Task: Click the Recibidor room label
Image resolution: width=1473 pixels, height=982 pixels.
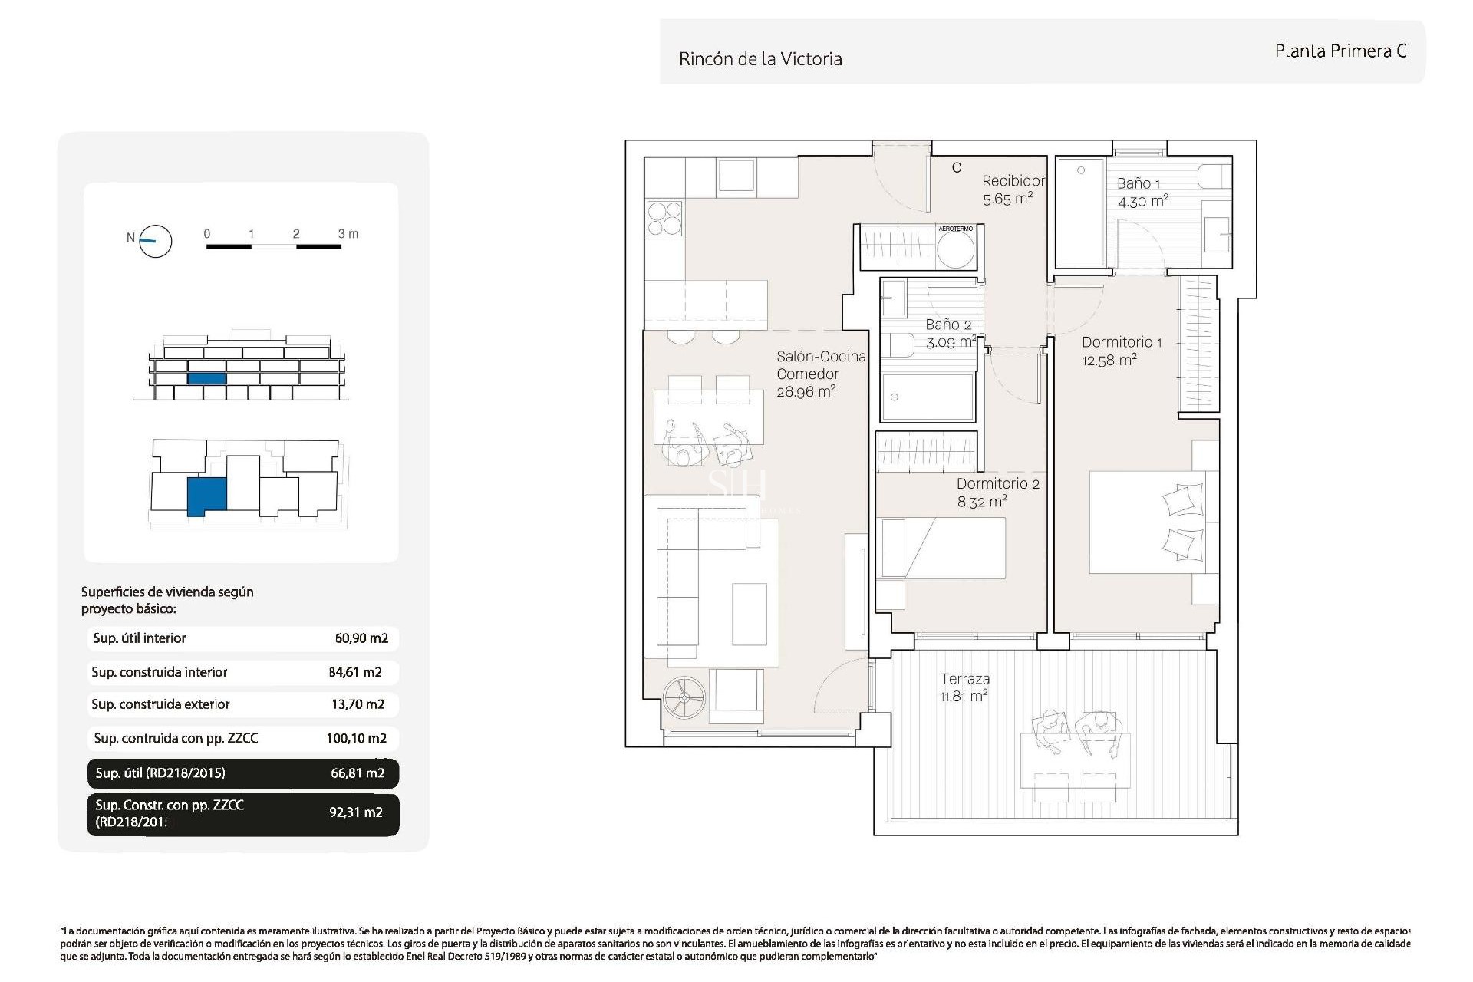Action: [1013, 181]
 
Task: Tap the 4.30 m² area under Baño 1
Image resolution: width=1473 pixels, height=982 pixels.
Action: [1142, 202]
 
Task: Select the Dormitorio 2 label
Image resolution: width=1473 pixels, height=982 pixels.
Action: [997, 484]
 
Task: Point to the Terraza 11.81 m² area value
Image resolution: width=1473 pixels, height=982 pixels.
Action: [964, 697]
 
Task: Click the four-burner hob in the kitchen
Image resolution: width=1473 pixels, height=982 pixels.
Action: [664, 218]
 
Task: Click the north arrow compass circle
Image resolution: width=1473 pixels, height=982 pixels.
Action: [156, 242]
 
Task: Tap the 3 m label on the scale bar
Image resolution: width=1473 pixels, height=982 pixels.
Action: [348, 234]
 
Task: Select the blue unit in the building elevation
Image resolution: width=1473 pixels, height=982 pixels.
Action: [206, 378]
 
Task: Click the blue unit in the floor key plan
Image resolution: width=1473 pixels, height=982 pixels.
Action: [206, 496]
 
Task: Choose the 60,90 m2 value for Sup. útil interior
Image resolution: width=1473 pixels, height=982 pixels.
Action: [361, 638]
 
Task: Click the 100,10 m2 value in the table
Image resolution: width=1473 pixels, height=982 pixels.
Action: [356, 739]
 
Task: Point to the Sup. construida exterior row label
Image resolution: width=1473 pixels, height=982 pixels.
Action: [160, 704]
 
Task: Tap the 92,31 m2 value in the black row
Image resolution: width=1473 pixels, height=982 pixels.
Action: [355, 812]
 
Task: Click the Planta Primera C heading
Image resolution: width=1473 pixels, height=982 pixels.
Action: [1340, 51]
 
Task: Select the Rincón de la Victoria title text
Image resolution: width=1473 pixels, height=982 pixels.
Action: [760, 59]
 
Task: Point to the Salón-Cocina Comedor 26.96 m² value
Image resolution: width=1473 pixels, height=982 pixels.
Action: [806, 392]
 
